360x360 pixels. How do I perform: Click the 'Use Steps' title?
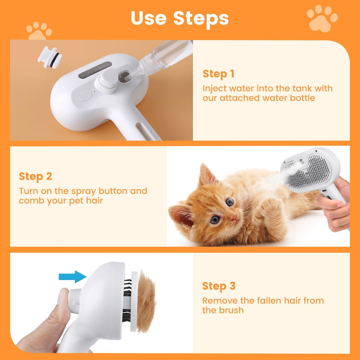click(180, 18)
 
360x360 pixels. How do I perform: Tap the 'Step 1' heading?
click(218, 74)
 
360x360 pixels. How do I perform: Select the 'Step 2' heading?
click(35, 176)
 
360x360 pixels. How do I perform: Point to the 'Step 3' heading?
click(218, 286)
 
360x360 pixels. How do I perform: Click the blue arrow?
click(73, 277)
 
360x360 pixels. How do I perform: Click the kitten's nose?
click(233, 218)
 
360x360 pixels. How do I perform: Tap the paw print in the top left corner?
click(39, 31)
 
